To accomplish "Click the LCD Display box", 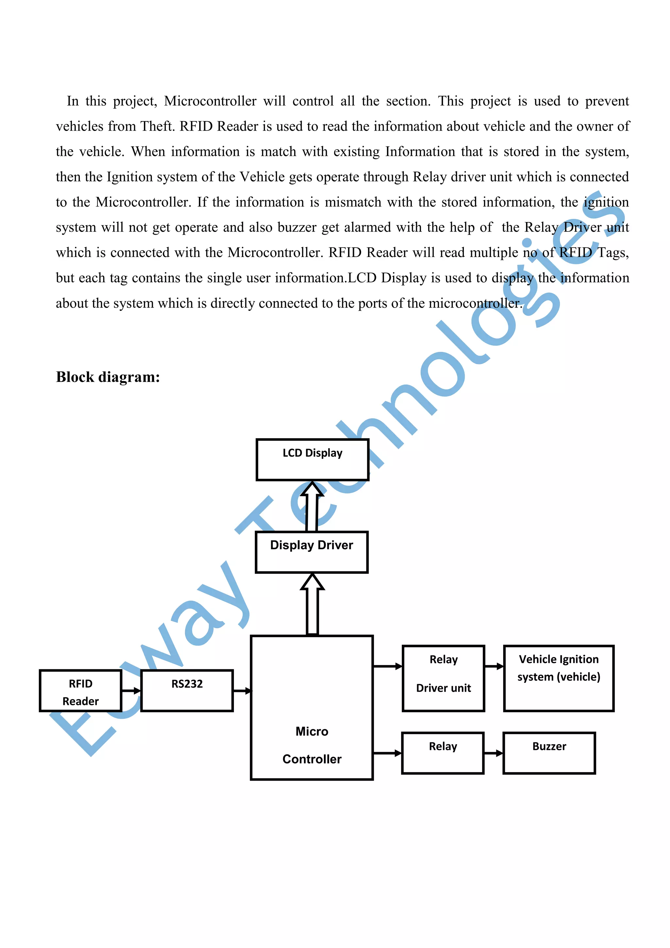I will (312, 459).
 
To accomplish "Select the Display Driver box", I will (311, 552).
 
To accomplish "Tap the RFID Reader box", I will (80, 691).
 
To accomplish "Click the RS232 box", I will (187, 691).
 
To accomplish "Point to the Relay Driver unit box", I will (444, 678).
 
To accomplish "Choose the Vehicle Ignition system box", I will (559, 678).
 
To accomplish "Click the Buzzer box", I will (549, 753).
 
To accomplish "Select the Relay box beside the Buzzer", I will (443, 753).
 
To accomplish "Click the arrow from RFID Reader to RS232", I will (131, 691).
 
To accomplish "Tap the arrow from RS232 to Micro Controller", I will (242, 691).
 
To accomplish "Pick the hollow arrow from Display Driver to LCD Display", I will (312, 506).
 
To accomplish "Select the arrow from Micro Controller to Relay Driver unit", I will (387, 666).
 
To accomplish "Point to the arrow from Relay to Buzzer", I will (493, 753).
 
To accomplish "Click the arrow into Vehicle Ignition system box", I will (494, 666).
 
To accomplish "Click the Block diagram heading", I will (108, 377).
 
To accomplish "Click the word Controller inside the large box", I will (312, 759).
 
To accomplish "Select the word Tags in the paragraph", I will (613, 252).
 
